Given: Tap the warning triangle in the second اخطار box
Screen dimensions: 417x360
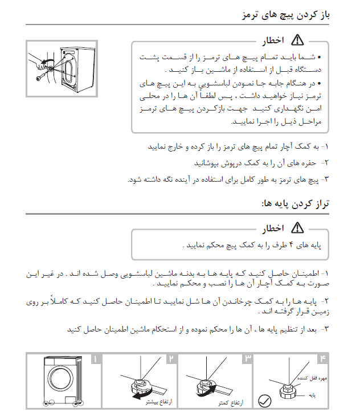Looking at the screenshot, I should tap(297, 228).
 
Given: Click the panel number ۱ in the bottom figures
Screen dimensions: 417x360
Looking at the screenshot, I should tap(95, 359).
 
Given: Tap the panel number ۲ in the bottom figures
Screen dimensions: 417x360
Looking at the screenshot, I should tap(171, 359).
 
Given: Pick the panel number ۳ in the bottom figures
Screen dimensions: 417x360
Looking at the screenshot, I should tap(248, 359).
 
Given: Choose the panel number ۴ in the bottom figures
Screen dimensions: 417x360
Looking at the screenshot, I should tap(323, 359).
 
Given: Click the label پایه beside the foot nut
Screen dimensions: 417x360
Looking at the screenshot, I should tap(312, 394).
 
